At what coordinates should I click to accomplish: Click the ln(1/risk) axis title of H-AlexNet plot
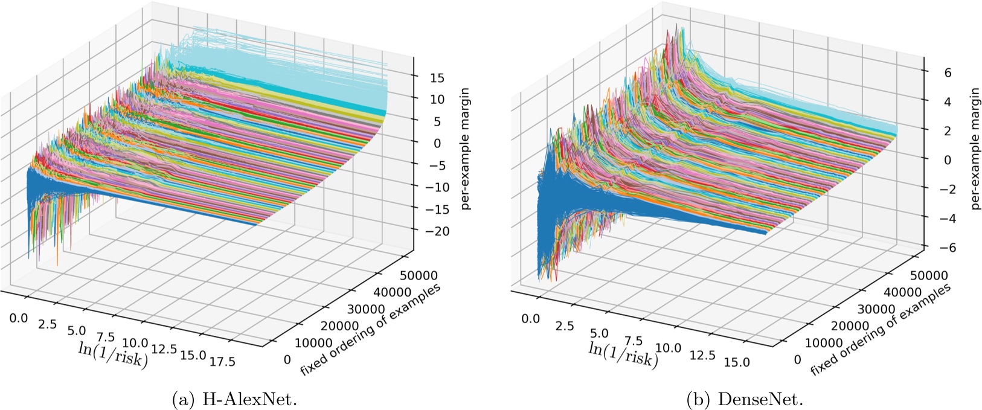coord(114,356)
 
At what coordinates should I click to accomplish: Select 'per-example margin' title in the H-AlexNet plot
coord(465,149)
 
